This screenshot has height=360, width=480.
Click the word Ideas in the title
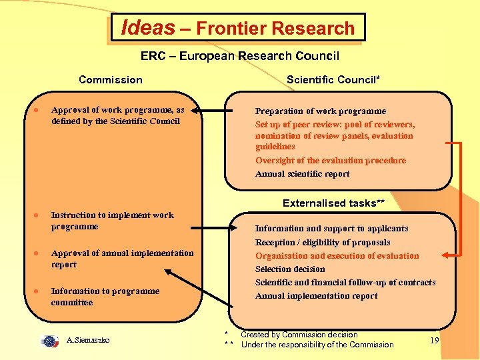click(x=147, y=27)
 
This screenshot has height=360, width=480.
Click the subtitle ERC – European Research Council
click(x=240, y=56)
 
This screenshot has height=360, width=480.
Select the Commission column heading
click(x=111, y=80)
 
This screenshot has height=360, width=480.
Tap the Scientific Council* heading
click(x=333, y=80)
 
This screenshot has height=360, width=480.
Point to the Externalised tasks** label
click(x=333, y=203)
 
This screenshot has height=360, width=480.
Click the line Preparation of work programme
click(x=321, y=111)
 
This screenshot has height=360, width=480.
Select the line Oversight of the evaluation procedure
click(x=331, y=161)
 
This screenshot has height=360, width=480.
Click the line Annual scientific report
click(x=303, y=174)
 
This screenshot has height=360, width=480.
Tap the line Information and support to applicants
click(x=332, y=229)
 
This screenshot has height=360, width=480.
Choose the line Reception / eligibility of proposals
click(x=323, y=243)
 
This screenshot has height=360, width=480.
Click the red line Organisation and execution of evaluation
click(x=337, y=256)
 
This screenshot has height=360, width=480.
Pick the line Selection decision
click(x=291, y=269)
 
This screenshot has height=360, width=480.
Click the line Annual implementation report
click(x=317, y=296)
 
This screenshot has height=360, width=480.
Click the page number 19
click(x=434, y=341)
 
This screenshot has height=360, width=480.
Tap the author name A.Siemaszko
click(x=89, y=341)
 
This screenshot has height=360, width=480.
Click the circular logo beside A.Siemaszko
click(x=50, y=341)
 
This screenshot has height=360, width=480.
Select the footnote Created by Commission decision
click(x=299, y=335)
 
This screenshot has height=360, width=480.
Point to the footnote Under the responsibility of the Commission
click(x=317, y=345)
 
